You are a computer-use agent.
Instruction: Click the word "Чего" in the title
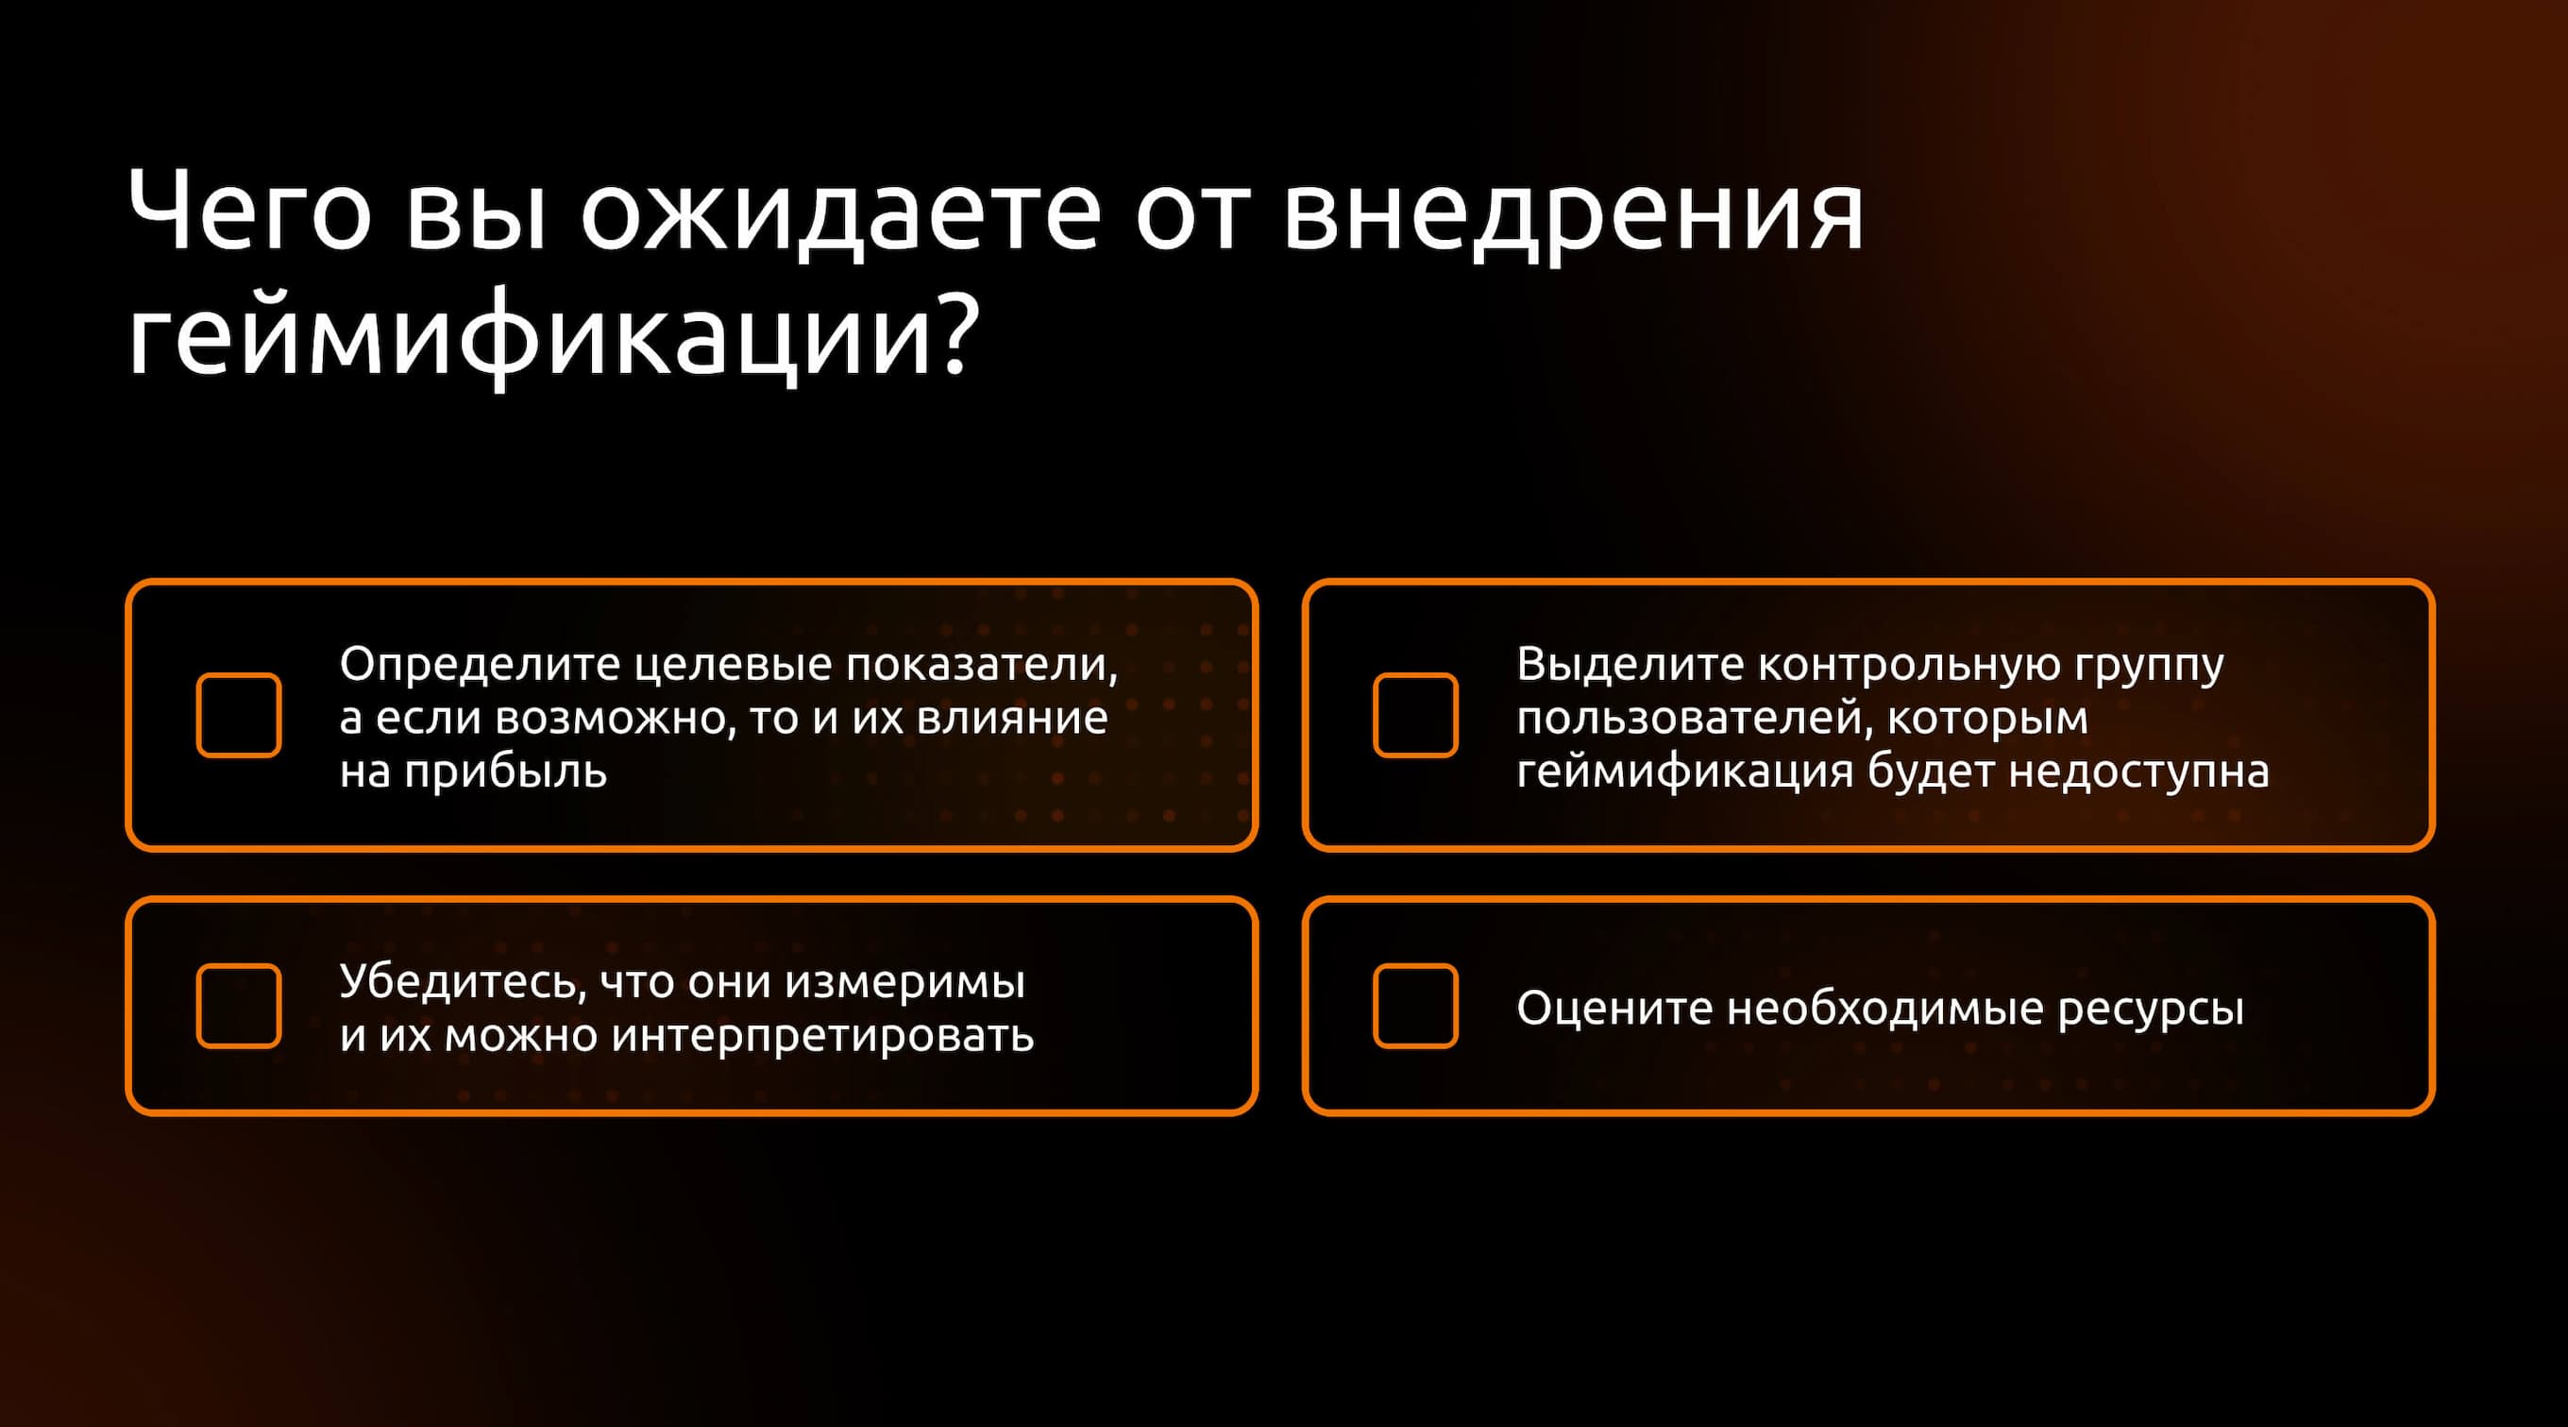(x=250, y=212)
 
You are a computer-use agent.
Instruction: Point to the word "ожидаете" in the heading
(x=841, y=212)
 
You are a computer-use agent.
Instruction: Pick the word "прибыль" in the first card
(x=505, y=771)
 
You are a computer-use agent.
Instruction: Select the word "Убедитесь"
(x=463, y=981)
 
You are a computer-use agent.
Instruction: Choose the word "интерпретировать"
(x=822, y=1036)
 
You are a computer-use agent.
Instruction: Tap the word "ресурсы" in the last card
(x=2151, y=1010)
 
